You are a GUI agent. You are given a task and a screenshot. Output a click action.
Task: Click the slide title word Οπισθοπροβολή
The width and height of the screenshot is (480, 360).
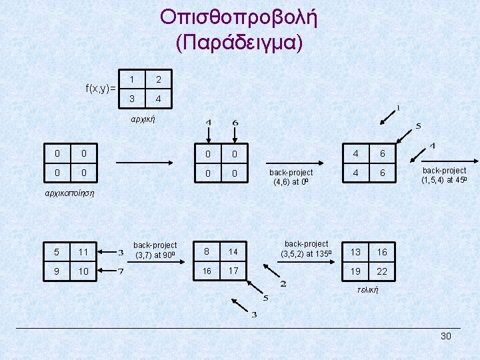[239, 18]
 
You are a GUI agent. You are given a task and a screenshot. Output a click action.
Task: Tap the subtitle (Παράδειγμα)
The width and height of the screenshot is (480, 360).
[239, 43]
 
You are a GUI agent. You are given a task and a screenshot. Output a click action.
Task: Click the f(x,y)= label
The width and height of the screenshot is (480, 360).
[101, 88]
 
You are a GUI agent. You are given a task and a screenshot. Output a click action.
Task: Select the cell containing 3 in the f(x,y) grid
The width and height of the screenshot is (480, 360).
[132, 99]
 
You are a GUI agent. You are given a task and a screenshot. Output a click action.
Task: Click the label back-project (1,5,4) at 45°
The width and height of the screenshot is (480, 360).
[444, 175]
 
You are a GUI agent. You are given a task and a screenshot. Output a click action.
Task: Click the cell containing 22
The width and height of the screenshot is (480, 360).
[381, 271]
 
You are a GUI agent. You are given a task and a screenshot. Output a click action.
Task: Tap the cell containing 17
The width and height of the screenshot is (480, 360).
[233, 271]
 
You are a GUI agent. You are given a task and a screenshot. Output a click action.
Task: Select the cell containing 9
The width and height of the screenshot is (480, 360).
[57, 271]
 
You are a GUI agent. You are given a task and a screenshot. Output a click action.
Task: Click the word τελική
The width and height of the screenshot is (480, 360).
[367, 290]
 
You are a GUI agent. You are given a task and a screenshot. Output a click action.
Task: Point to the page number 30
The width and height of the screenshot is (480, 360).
[446, 336]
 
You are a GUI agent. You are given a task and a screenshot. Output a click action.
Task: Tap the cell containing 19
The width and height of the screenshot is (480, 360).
[356, 271]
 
